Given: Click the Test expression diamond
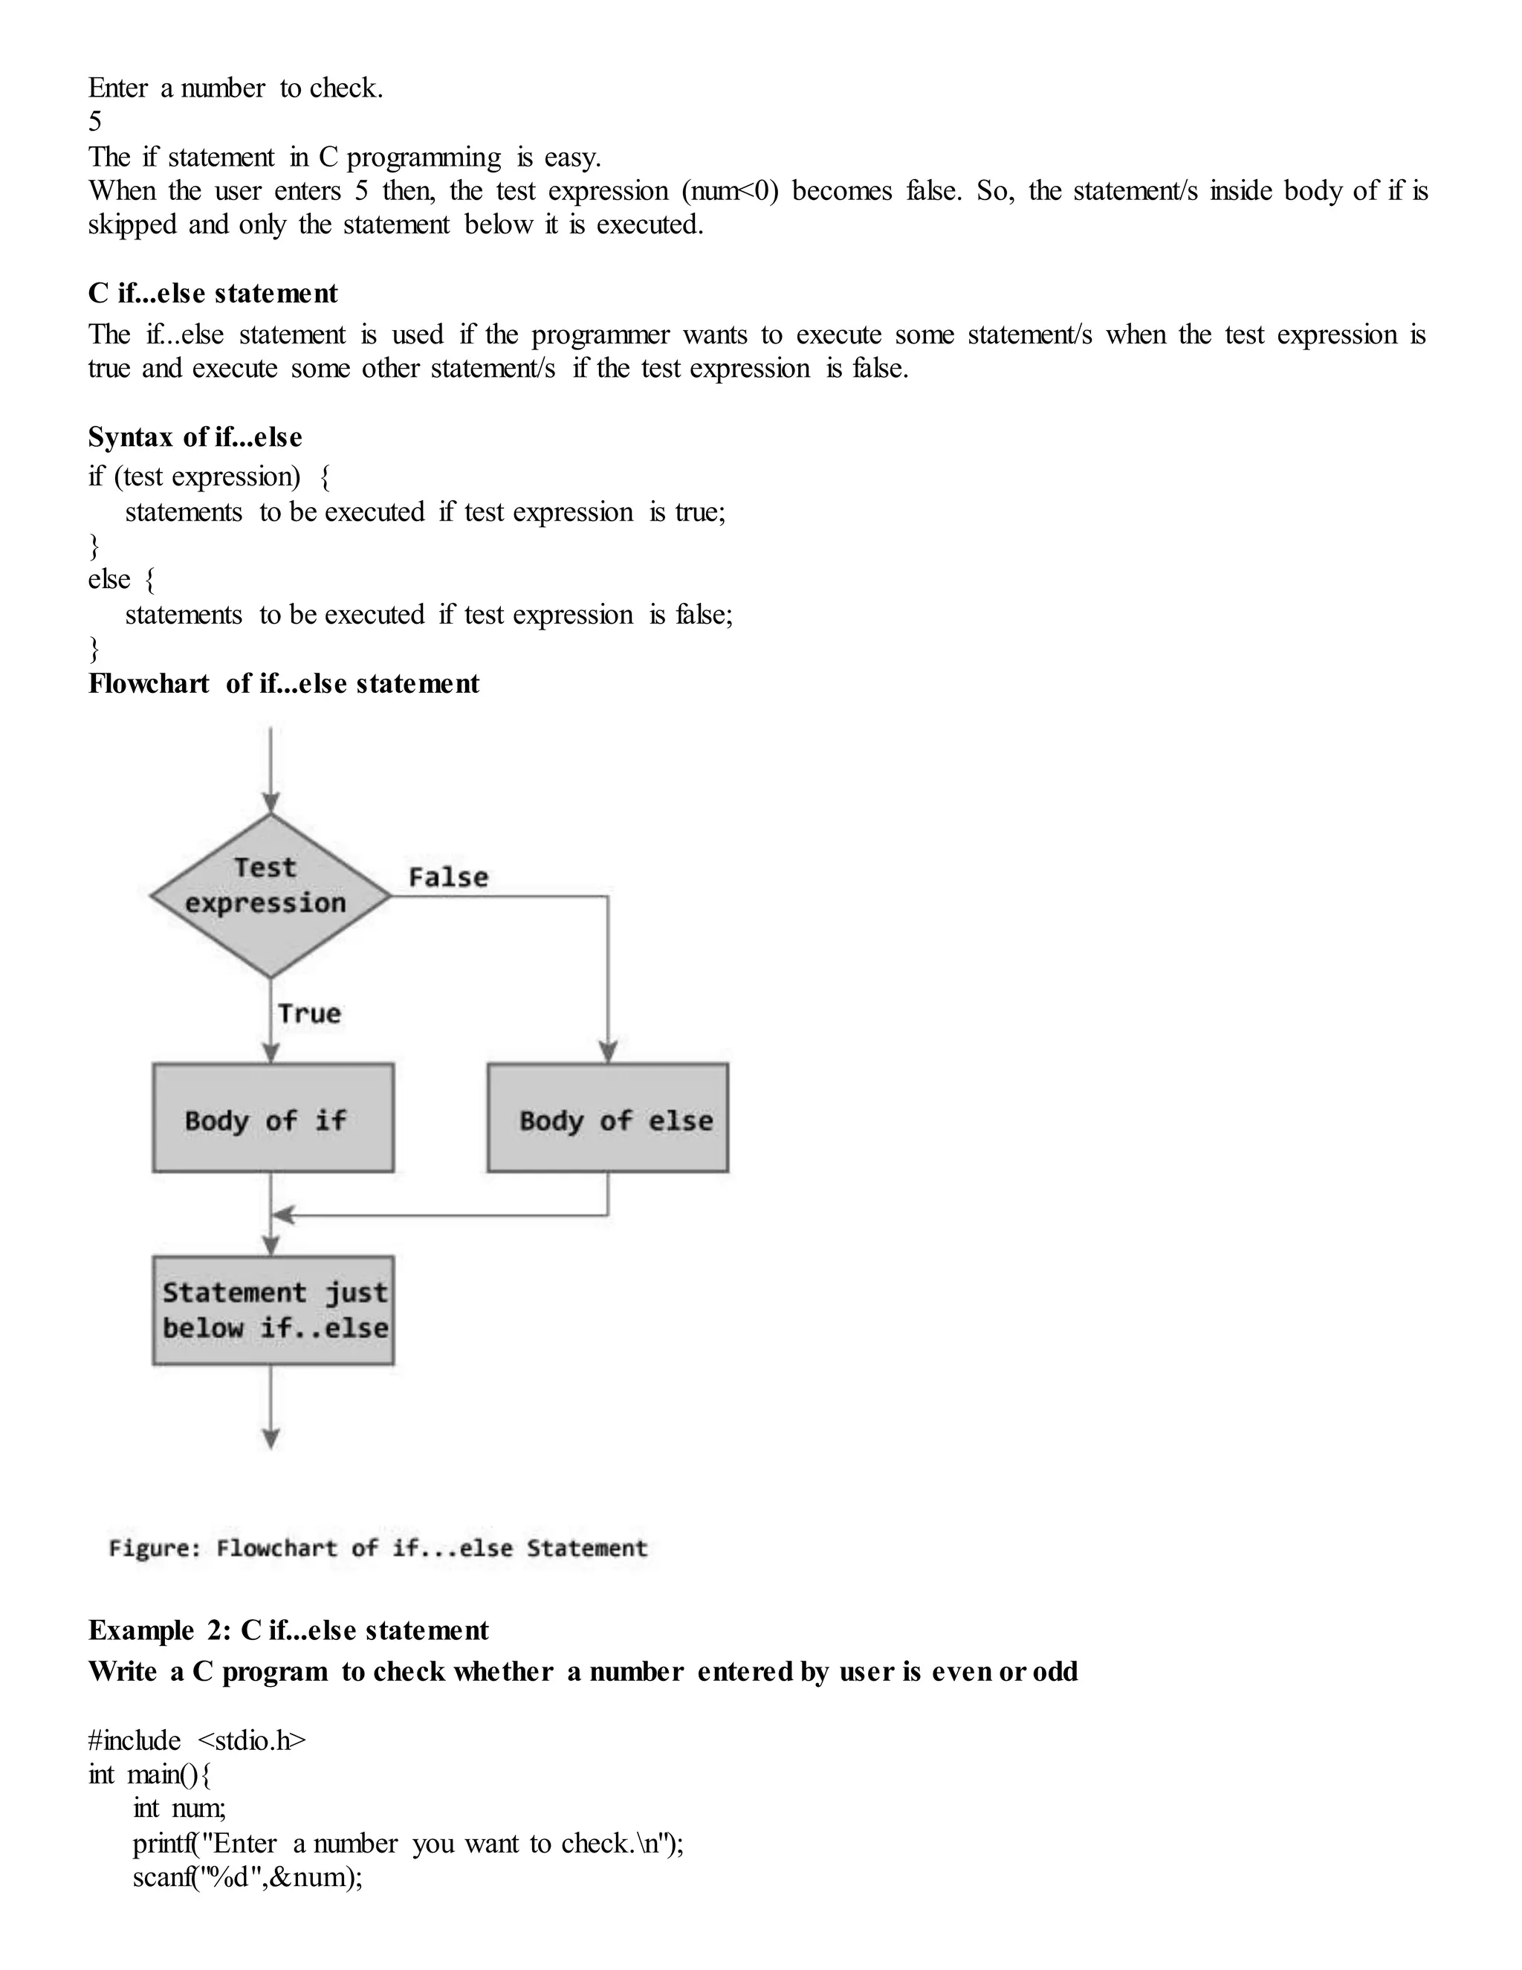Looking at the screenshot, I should pyautogui.click(x=271, y=895).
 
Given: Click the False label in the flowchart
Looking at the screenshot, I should pyautogui.click(x=448, y=876).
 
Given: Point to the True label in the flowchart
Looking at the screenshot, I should pyautogui.click(x=309, y=1013).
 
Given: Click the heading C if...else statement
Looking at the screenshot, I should pyautogui.click(x=213, y=293).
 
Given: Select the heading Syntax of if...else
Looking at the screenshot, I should pyautogui.click(x=195, y=436).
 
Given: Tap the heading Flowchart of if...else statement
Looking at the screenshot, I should pyautogui.click(x=283, y=683).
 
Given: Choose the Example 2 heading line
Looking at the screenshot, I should pyautogui.click(x=288, y=1630).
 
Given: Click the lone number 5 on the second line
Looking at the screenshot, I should pyautogui.click(x=94, y=122).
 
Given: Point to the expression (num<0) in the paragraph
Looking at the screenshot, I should pyautogui.click(x=730, y=191).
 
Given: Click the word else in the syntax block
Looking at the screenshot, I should pyautogui.click(x=109, y=579).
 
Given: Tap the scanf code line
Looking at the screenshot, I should pyautogui.click(x=247, y=1877).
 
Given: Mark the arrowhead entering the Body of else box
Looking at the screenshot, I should pyautogui.click(x=608, y=1052).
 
